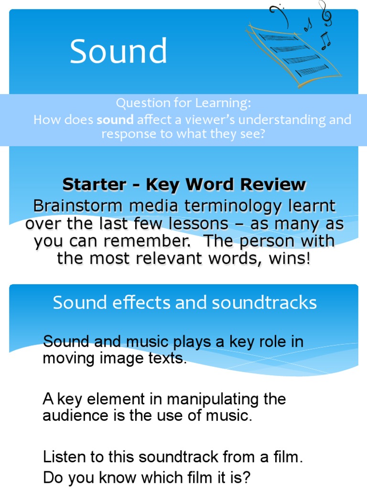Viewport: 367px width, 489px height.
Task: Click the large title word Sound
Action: click(119, 51)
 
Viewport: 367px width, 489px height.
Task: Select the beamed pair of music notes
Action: click(325, 41)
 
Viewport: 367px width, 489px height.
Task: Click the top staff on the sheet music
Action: click(278, 37)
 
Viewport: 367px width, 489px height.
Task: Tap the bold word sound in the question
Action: click(115, 120)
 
